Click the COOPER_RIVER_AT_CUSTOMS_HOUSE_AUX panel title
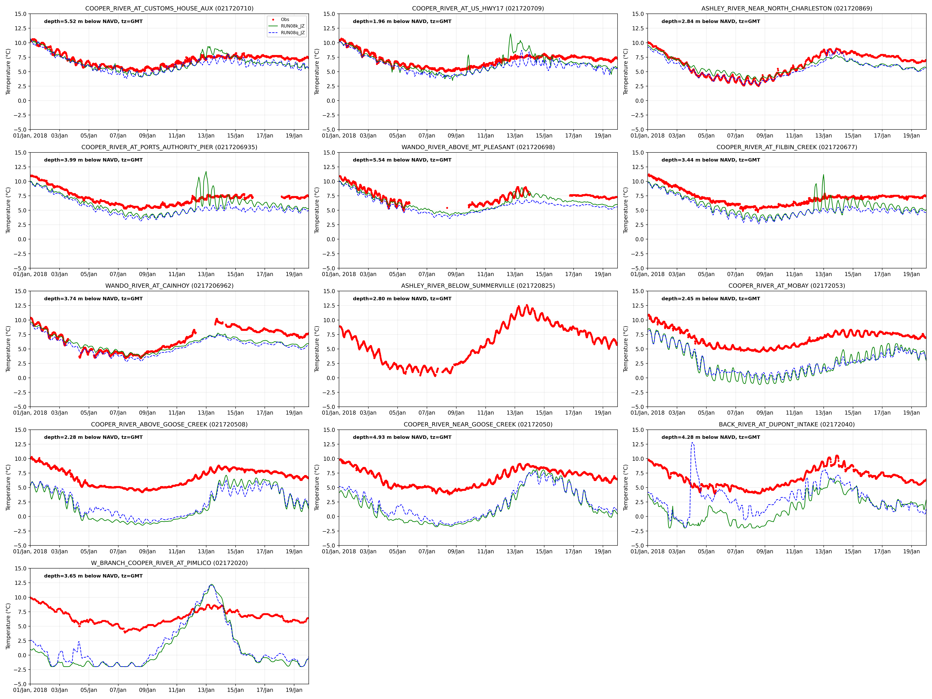169,8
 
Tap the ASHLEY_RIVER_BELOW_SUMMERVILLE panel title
478,286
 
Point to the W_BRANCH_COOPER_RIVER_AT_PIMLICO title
169,563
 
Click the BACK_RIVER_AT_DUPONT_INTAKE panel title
787,424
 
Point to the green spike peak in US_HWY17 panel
510,34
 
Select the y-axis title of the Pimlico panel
8,626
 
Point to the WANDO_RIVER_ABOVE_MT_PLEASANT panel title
478,147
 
